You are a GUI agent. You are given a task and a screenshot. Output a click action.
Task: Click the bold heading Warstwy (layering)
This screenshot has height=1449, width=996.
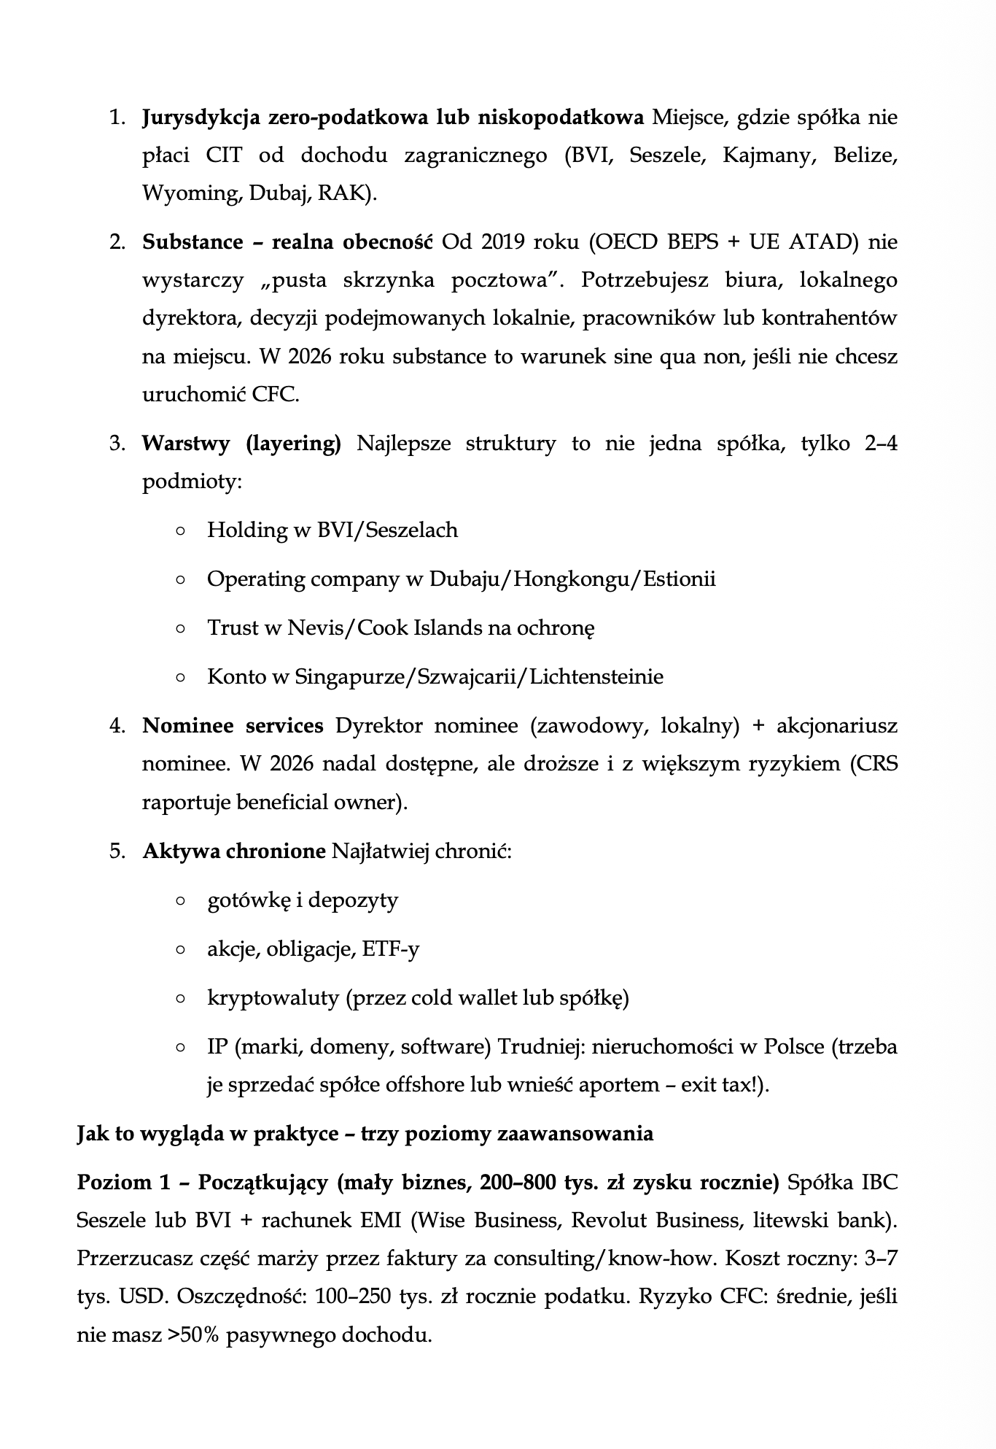(x=241, y=444)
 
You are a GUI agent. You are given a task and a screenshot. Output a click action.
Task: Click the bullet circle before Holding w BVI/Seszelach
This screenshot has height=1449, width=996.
(x=180, y=530)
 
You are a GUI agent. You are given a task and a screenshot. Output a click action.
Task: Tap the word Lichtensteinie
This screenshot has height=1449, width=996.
(x=596, y=677)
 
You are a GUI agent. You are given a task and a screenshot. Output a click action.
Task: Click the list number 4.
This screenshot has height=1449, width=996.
(x=117, y=726)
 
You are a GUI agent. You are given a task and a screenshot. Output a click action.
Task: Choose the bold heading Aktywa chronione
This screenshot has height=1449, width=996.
(x=234, y=851)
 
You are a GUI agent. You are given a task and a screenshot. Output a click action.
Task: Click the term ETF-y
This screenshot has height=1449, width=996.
(x=391, y=949)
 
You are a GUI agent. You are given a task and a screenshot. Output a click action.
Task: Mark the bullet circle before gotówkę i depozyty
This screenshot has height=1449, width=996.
(x=180, y=901)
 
